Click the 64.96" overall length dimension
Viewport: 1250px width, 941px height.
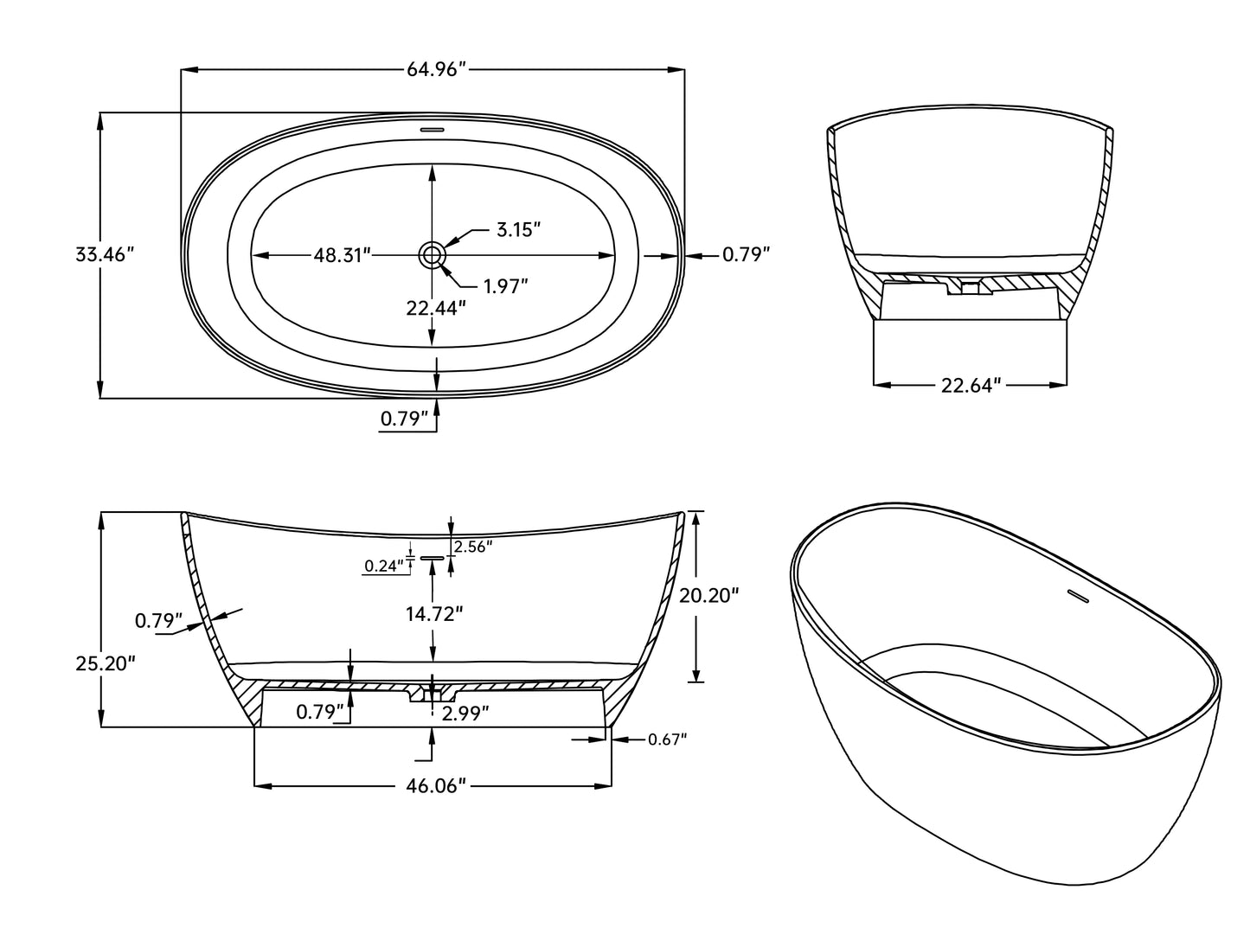coord(436,70)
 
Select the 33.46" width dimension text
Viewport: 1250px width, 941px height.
coord(106,255)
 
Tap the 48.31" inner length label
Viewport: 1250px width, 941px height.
coord(342,255)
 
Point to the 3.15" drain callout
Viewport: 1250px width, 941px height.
coord(518,230)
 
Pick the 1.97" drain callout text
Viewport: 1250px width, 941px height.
coord(505,286)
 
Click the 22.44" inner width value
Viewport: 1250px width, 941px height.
coord(436,307)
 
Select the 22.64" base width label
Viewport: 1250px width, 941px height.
coord(971,385)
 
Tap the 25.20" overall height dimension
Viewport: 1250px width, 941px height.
coord(106,663)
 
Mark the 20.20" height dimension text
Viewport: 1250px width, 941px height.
coord(708,595)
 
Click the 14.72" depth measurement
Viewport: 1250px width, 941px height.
coord(434,614)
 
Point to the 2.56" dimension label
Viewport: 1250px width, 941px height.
coord(472,546)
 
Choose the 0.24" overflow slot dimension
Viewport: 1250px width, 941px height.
coord(384,567)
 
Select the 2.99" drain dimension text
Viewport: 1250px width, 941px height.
coord(465,714)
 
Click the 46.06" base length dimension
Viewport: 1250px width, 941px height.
coord(436,785)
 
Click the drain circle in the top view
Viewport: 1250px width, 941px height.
coord(432,255)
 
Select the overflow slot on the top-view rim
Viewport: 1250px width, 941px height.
coord(432,131)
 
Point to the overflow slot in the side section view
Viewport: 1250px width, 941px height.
coord(433,559)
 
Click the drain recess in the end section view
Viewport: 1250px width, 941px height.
coord(971,287)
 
